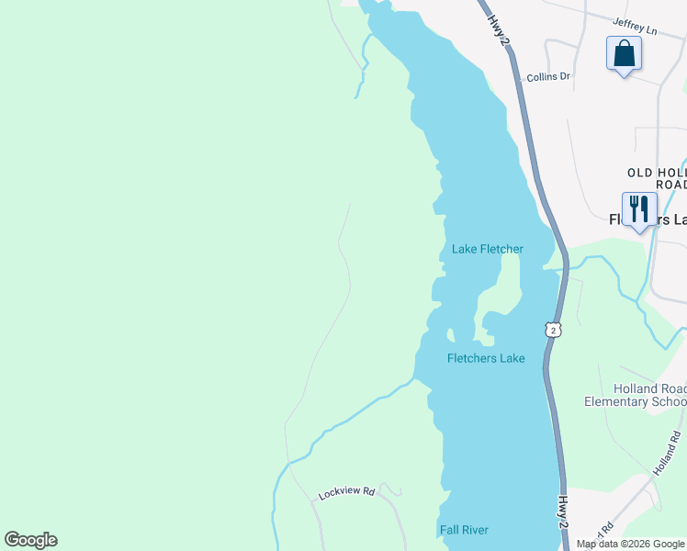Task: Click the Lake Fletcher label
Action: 487,249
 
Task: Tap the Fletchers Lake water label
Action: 486,358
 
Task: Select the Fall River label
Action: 463,530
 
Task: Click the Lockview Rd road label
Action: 346,493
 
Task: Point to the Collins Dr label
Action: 548,77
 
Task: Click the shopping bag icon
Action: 624,53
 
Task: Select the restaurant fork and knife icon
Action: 639,209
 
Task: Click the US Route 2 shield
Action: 550,329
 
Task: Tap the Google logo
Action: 30,540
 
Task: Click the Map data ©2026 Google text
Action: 631,544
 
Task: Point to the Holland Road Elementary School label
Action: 636,395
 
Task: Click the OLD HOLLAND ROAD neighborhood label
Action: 657,178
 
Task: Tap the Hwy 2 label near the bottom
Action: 563,512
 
